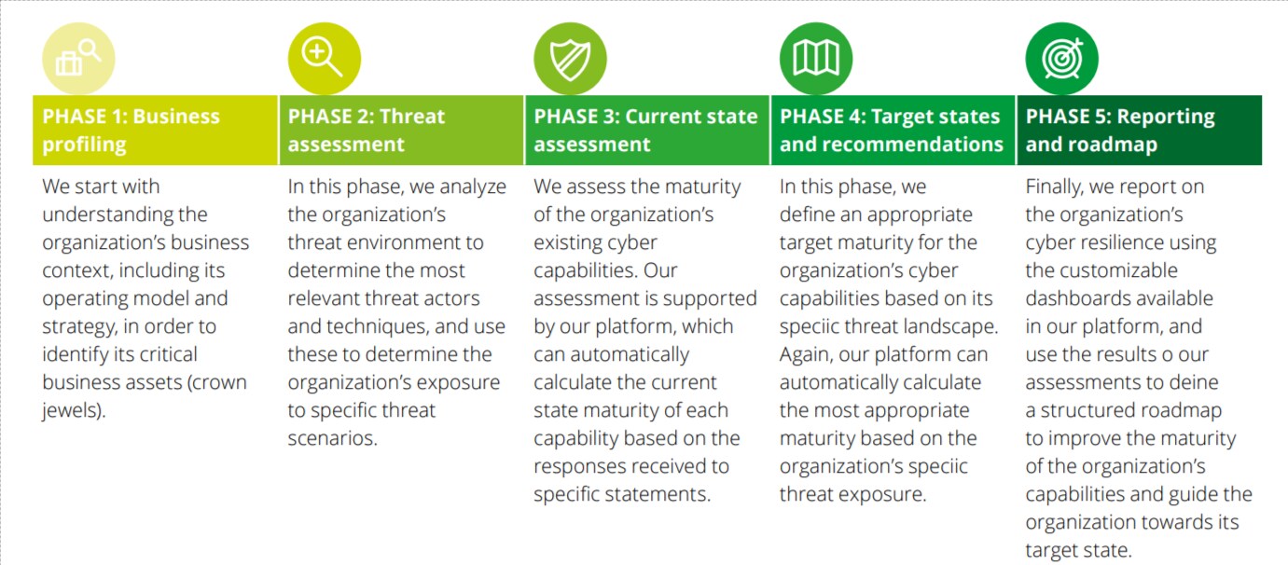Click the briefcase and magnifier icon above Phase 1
pyautogui.click(x=78, y=58)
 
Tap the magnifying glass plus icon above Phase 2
pyautogui.click(x=325, y=58)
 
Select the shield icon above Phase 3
pyautogui.click(x=570, y=58)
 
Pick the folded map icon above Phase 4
pyautogui.click(x=816, y=58)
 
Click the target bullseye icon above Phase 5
pyautogui.click(x=1062, y=58)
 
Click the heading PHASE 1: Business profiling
pyautogui.click(x=132, y=130)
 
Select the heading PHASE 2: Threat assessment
pyautogui.click(x=367, y=130)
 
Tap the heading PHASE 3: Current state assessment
pyautogui.click(x=645, y=130)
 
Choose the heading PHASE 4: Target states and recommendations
pyautogui.click(x=892, y=130)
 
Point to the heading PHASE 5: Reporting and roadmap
pyautogui.click(x=1120, y=130)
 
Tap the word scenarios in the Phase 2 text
pyautogui.click(x=332, y=438)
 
